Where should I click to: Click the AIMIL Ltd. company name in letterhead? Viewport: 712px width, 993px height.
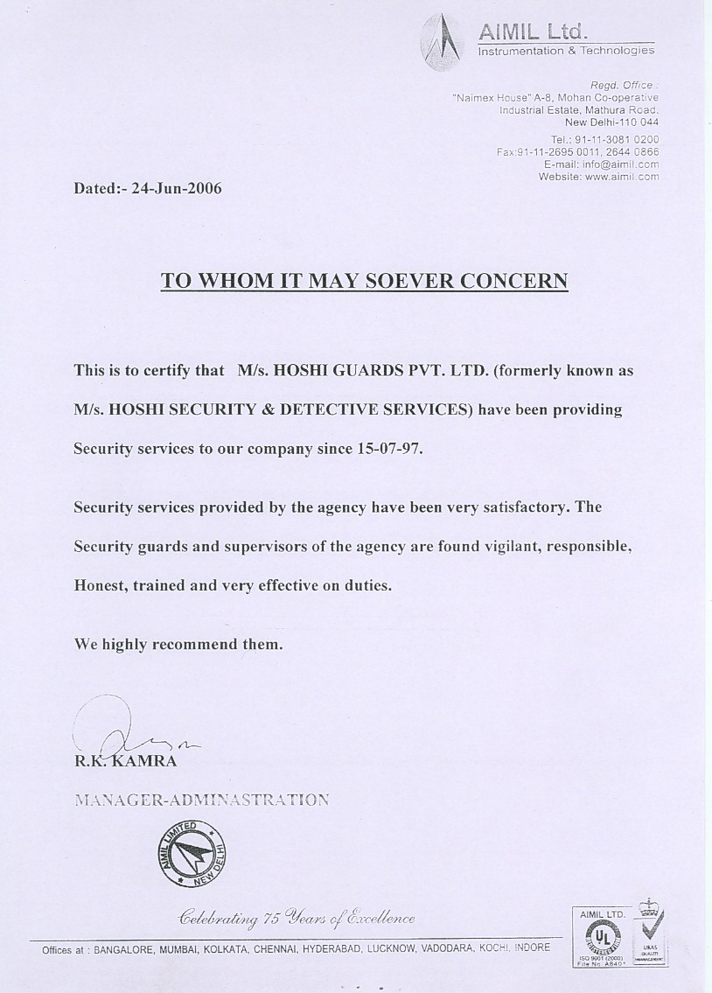point(532,32)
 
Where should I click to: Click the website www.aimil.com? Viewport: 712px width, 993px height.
point(622,176)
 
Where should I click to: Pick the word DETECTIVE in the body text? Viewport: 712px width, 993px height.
point(333,409)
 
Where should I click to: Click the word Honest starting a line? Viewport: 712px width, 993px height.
point(101,585)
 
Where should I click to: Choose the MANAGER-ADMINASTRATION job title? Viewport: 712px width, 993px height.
point(201,799)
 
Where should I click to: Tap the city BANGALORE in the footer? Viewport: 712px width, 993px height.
point(124,948)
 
